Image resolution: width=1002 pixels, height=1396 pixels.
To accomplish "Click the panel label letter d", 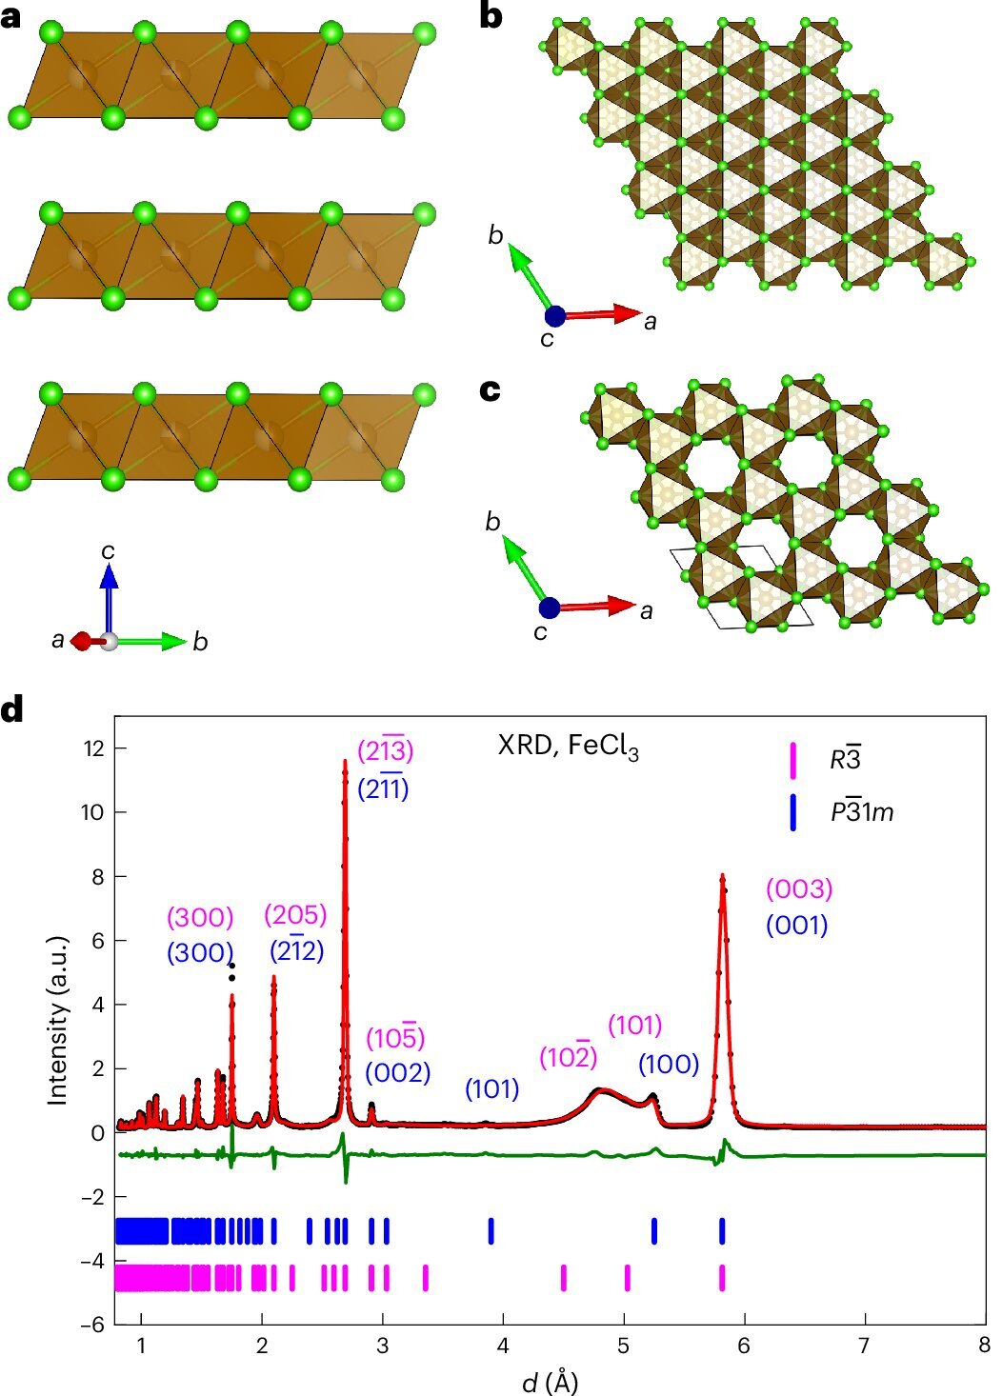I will tap(12, 711).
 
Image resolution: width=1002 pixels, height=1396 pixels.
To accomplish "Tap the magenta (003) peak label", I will tap(799, 889).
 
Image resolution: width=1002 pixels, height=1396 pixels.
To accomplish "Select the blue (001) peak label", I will tap(796, 925).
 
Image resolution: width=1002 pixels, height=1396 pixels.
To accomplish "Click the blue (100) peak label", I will tap(668, 1064).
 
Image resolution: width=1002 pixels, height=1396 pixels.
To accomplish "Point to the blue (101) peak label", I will tap(491, 1088).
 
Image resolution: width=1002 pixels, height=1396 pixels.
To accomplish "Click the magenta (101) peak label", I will tap(634, 1026).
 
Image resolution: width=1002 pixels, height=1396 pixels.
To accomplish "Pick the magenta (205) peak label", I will tap(295, 915).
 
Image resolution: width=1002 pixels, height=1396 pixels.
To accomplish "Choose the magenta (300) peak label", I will tap(200, 918).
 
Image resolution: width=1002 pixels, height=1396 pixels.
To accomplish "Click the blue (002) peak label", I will tap(397, 1072).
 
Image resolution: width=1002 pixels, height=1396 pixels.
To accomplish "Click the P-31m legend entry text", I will tap(860, 812).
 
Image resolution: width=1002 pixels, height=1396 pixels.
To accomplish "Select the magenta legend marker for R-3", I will tap(792, 760).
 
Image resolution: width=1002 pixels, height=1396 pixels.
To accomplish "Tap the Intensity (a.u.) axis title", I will tap(59, 1016).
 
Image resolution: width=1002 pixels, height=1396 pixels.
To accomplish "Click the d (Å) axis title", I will tap(551, 1380).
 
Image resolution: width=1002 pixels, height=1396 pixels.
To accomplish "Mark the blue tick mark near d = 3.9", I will tap(491, 1230).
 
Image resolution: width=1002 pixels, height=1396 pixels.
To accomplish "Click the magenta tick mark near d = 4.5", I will tap(564, 1277).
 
